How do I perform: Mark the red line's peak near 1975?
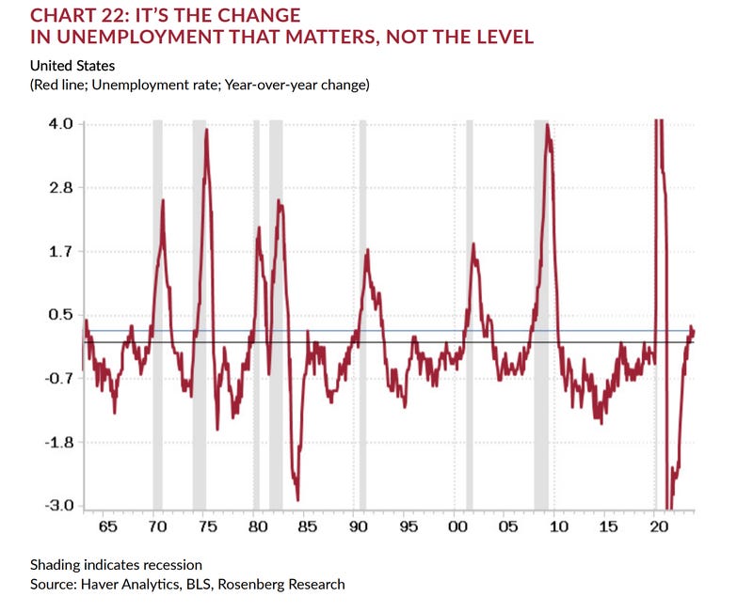(206, 131)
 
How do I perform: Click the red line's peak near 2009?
(547, 126)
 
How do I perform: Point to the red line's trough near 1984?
(297, 499)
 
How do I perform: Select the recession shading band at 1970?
(157, 315)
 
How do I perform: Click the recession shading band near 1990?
(362, 315)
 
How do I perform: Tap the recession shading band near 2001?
(469, 315)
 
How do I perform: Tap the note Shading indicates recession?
(115, 564)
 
